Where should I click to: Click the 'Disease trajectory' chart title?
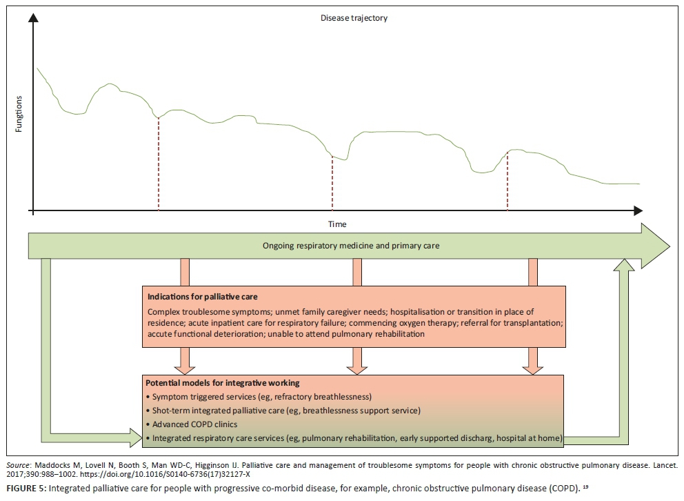tap(354, 18)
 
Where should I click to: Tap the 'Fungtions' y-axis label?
tap(19, 115)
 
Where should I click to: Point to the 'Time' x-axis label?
tap(337, 224)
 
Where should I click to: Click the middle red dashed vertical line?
tap(332, 183)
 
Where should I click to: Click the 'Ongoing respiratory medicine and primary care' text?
tap(351, 245)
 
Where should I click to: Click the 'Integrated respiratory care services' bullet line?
tap(354, 438)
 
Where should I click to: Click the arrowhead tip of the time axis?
tap(643, 210)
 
